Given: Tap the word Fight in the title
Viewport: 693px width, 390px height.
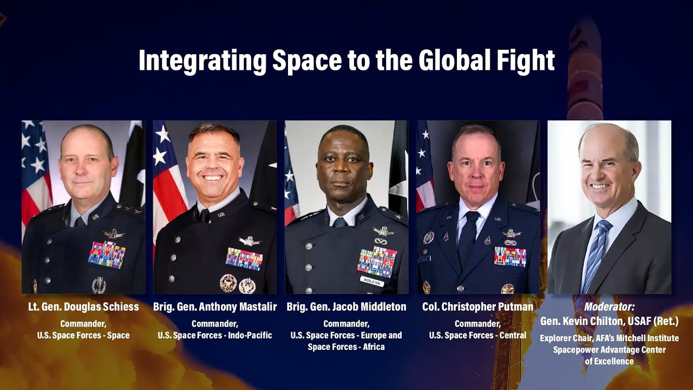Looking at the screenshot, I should point(529,61).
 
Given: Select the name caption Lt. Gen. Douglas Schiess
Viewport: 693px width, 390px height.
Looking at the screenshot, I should point(83,307).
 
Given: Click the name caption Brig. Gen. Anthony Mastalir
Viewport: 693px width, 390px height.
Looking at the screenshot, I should point(215,307).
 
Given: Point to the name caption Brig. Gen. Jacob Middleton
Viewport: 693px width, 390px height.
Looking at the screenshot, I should point(346,307).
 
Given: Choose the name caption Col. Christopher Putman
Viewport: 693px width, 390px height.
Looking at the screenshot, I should point(478,307).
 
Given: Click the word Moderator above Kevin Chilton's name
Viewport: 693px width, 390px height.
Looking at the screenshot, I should point(609,307).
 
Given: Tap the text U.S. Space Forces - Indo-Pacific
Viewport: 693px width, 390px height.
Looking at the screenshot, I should point(215,335).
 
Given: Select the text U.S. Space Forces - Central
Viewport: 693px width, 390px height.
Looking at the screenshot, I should point(478,335).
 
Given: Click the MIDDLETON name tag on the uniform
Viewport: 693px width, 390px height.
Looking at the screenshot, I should point(372,281).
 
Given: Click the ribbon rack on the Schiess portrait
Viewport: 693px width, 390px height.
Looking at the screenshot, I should point(107,255).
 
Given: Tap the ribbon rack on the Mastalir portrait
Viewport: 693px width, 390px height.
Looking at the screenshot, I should point(244,259).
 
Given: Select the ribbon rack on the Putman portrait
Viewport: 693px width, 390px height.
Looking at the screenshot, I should point(510,256).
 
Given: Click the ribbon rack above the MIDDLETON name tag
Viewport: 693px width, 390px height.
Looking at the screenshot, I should point(376,261).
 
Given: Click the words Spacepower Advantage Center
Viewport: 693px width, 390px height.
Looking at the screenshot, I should point(609,350).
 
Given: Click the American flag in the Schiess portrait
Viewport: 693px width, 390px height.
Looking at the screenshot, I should point(35,168).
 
